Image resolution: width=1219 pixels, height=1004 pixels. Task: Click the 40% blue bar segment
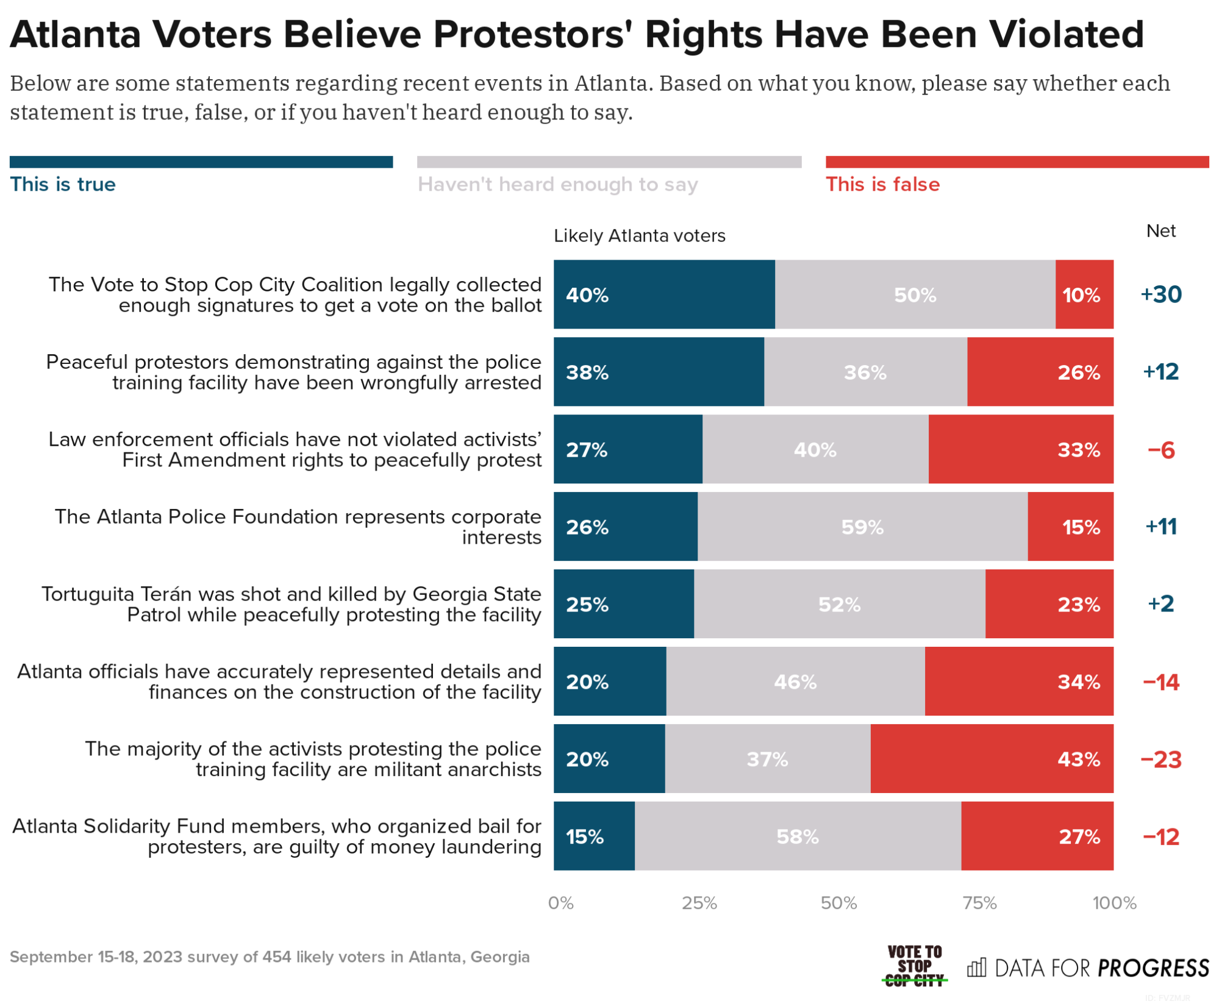664,294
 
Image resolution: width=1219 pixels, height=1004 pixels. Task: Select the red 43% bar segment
992,759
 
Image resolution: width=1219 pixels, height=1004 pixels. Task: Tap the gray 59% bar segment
862,527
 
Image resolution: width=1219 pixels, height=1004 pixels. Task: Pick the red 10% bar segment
1084,294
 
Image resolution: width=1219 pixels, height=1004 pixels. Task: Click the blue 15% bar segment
594,836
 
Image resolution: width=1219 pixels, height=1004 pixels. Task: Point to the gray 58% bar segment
798,836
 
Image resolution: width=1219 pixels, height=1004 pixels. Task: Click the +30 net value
1161,294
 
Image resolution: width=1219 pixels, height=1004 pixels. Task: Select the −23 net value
1161,760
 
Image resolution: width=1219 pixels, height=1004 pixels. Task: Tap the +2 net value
1161,603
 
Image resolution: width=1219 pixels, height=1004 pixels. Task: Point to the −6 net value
1161,450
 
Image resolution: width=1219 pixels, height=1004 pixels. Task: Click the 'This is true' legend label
63,184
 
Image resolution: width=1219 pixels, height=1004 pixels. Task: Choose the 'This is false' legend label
882,184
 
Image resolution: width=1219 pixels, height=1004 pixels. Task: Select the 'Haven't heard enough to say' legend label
557,184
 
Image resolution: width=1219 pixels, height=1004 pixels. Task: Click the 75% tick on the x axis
979,903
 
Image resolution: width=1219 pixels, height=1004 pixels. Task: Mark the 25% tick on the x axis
699,903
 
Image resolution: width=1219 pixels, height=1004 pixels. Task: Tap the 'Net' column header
1161,231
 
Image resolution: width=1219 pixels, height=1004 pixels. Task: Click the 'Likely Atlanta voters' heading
639,236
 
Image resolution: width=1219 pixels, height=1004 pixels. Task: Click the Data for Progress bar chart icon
976,967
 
